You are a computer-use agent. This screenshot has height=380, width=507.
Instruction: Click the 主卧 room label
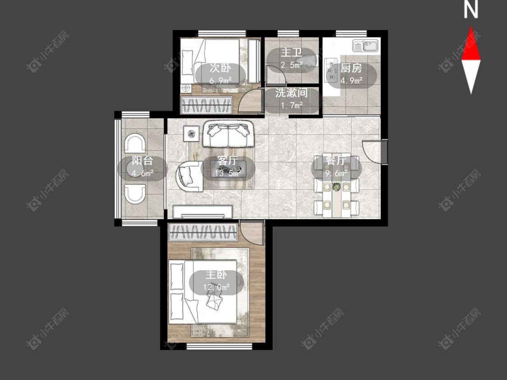coord(216,275)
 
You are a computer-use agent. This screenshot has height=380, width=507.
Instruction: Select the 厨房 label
coord(351,68)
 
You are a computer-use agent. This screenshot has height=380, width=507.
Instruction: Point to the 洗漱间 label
coord(291,93)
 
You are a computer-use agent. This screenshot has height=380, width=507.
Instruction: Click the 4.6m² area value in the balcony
coord(142,173)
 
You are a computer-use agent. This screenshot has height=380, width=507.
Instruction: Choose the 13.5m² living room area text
coord(228,173)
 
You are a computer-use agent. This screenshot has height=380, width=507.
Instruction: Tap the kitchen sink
coord(365,45)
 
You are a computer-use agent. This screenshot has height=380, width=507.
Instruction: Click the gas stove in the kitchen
coord(330,69)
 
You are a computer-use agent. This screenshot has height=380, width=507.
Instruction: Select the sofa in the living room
coord(228,134)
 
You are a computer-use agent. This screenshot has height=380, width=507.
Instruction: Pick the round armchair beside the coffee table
coord(189,176)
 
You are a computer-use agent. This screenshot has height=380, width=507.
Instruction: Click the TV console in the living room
coord(203,212)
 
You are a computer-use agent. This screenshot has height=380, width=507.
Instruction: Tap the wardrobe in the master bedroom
coord(203,232)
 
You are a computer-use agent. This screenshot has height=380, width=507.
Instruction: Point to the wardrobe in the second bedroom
coord(206,105)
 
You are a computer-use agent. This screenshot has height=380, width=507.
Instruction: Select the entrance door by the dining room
coord(372,151)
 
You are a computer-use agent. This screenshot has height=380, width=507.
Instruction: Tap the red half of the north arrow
coord(471,45)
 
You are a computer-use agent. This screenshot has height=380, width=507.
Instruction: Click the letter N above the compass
coord(471,10)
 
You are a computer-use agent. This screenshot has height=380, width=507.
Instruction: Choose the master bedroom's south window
coord(219,346)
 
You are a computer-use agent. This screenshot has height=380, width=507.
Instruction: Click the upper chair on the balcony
coord(135,144)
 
